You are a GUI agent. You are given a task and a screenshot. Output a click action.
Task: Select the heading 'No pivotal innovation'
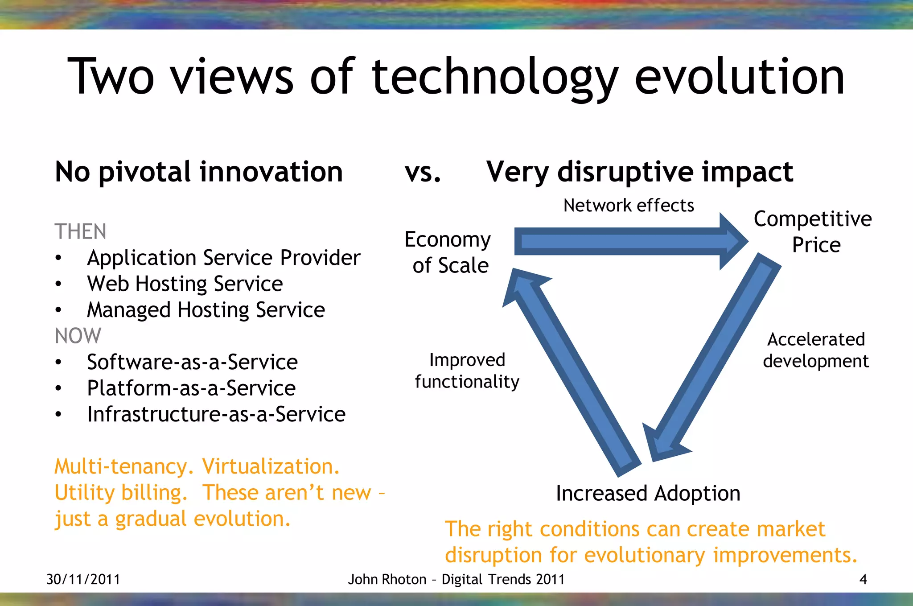click(199, 172)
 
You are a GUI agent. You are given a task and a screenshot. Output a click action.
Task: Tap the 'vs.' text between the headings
click(423, 172)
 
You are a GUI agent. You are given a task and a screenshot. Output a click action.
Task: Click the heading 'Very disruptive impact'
click(639, 172)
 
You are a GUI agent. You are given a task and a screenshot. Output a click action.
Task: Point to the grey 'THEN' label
click(80, 232)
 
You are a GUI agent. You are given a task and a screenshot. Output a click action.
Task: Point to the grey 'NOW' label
click(78, 336)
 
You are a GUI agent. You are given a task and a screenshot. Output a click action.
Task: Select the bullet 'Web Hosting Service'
click(185, 284)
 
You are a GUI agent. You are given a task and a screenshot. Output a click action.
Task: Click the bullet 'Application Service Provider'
click(223, 258)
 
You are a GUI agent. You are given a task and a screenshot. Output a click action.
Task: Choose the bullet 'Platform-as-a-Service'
click(191, 388)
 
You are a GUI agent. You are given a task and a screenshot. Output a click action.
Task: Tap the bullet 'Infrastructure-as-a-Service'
click(216, 414)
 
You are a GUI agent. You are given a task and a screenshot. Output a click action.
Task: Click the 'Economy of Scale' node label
click(448, 252)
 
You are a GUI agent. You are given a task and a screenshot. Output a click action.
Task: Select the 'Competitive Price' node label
click(813, 232)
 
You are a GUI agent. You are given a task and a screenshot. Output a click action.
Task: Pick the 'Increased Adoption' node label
click(648, 494)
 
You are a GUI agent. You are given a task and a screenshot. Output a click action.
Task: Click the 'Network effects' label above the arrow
click(629, 206)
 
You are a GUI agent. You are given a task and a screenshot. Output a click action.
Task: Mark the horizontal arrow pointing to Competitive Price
click(624, 241)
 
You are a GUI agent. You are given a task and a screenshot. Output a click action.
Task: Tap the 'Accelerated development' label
click(816, 350)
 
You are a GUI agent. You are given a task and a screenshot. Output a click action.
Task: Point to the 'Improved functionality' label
click(467, 371)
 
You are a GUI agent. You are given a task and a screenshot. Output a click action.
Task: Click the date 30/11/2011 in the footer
click(83, 579)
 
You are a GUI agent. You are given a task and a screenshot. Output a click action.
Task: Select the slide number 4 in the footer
click(863, 579)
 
